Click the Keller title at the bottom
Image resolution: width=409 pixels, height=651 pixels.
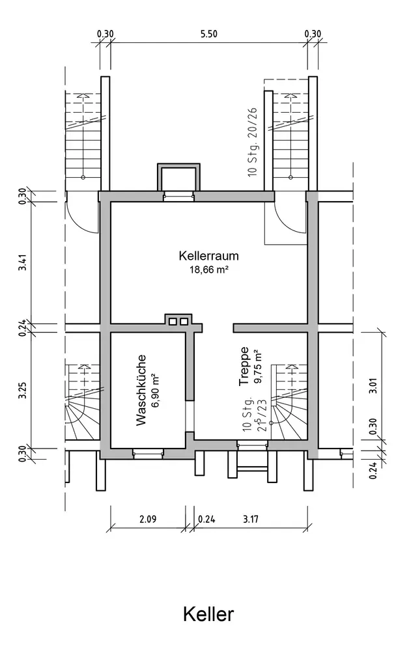tap(208, 614)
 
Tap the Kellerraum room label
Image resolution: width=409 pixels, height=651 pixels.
tap(208, 256)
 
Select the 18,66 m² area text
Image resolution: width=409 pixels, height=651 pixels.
tap(208, 269)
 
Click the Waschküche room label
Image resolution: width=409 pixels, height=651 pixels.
tap(141, 390)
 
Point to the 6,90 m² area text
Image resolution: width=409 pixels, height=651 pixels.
tap(156, 390)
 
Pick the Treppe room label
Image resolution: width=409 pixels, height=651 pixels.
tap(244, 367)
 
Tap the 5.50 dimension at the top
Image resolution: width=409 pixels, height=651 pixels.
tap(208, 35)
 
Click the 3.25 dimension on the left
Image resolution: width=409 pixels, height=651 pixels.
tap(23, 390)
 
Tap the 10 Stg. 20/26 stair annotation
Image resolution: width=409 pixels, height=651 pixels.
tap(253, 143)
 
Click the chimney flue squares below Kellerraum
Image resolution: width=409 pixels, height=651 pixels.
tap(178, 320)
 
